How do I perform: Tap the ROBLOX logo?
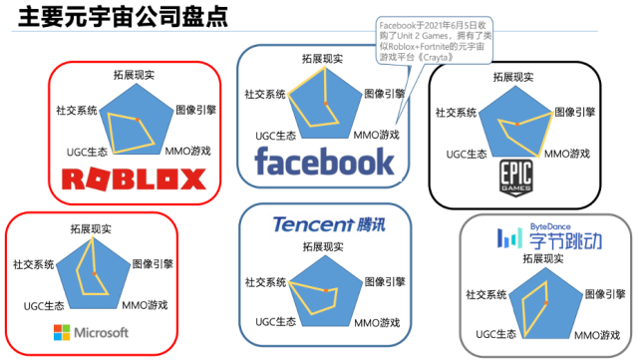133,180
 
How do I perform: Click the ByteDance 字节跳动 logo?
545,237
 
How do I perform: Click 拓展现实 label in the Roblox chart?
132,75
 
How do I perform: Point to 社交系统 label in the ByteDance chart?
485,294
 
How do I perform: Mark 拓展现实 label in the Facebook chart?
323,59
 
